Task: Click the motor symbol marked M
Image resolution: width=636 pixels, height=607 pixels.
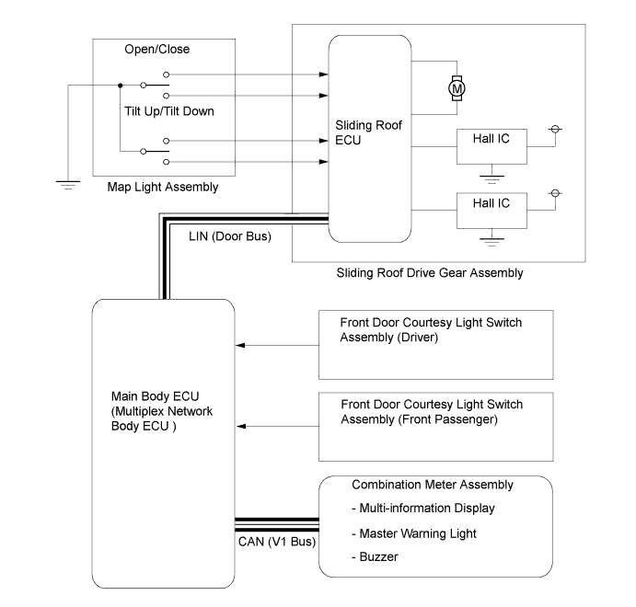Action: [457, 88]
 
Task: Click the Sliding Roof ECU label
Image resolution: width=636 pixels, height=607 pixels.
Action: [368, 132]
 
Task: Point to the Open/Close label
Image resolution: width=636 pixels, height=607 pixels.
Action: [157, 49]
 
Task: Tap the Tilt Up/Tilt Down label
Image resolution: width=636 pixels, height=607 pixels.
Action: [169, 111]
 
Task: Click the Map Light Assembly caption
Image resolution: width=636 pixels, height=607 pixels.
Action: [163, 187]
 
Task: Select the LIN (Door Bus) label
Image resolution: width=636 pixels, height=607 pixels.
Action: [230, 236]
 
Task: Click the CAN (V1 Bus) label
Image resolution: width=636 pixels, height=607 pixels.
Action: [277, 542]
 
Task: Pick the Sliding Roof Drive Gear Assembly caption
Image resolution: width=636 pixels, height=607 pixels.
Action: [430, 273]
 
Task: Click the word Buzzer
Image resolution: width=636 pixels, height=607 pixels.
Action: [379, 556]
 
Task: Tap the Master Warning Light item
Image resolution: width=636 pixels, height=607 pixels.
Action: [418, 533]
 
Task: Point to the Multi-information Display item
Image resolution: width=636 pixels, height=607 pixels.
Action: [427, 508]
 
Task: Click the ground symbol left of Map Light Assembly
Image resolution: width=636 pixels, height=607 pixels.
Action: [68, 185]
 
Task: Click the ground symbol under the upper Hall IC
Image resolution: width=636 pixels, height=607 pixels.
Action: [492, 179]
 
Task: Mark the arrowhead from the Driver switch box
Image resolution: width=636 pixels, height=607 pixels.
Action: [240, 345]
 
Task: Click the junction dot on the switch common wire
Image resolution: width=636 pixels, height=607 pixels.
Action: [120, 86]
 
